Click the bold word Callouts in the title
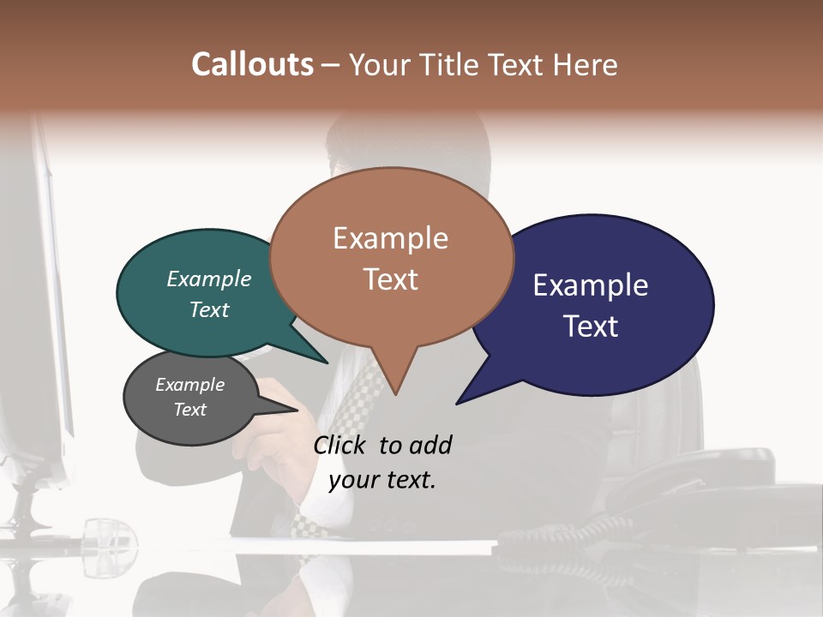[252, 64]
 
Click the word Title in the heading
[452, 64]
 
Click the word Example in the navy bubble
[591, 285]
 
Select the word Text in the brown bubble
[391, 279]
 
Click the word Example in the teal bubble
[208, 279]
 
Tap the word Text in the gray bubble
[190, 410]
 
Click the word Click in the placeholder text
[341, 445]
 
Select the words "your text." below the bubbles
[382, 479]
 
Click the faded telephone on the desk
[686, 497]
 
